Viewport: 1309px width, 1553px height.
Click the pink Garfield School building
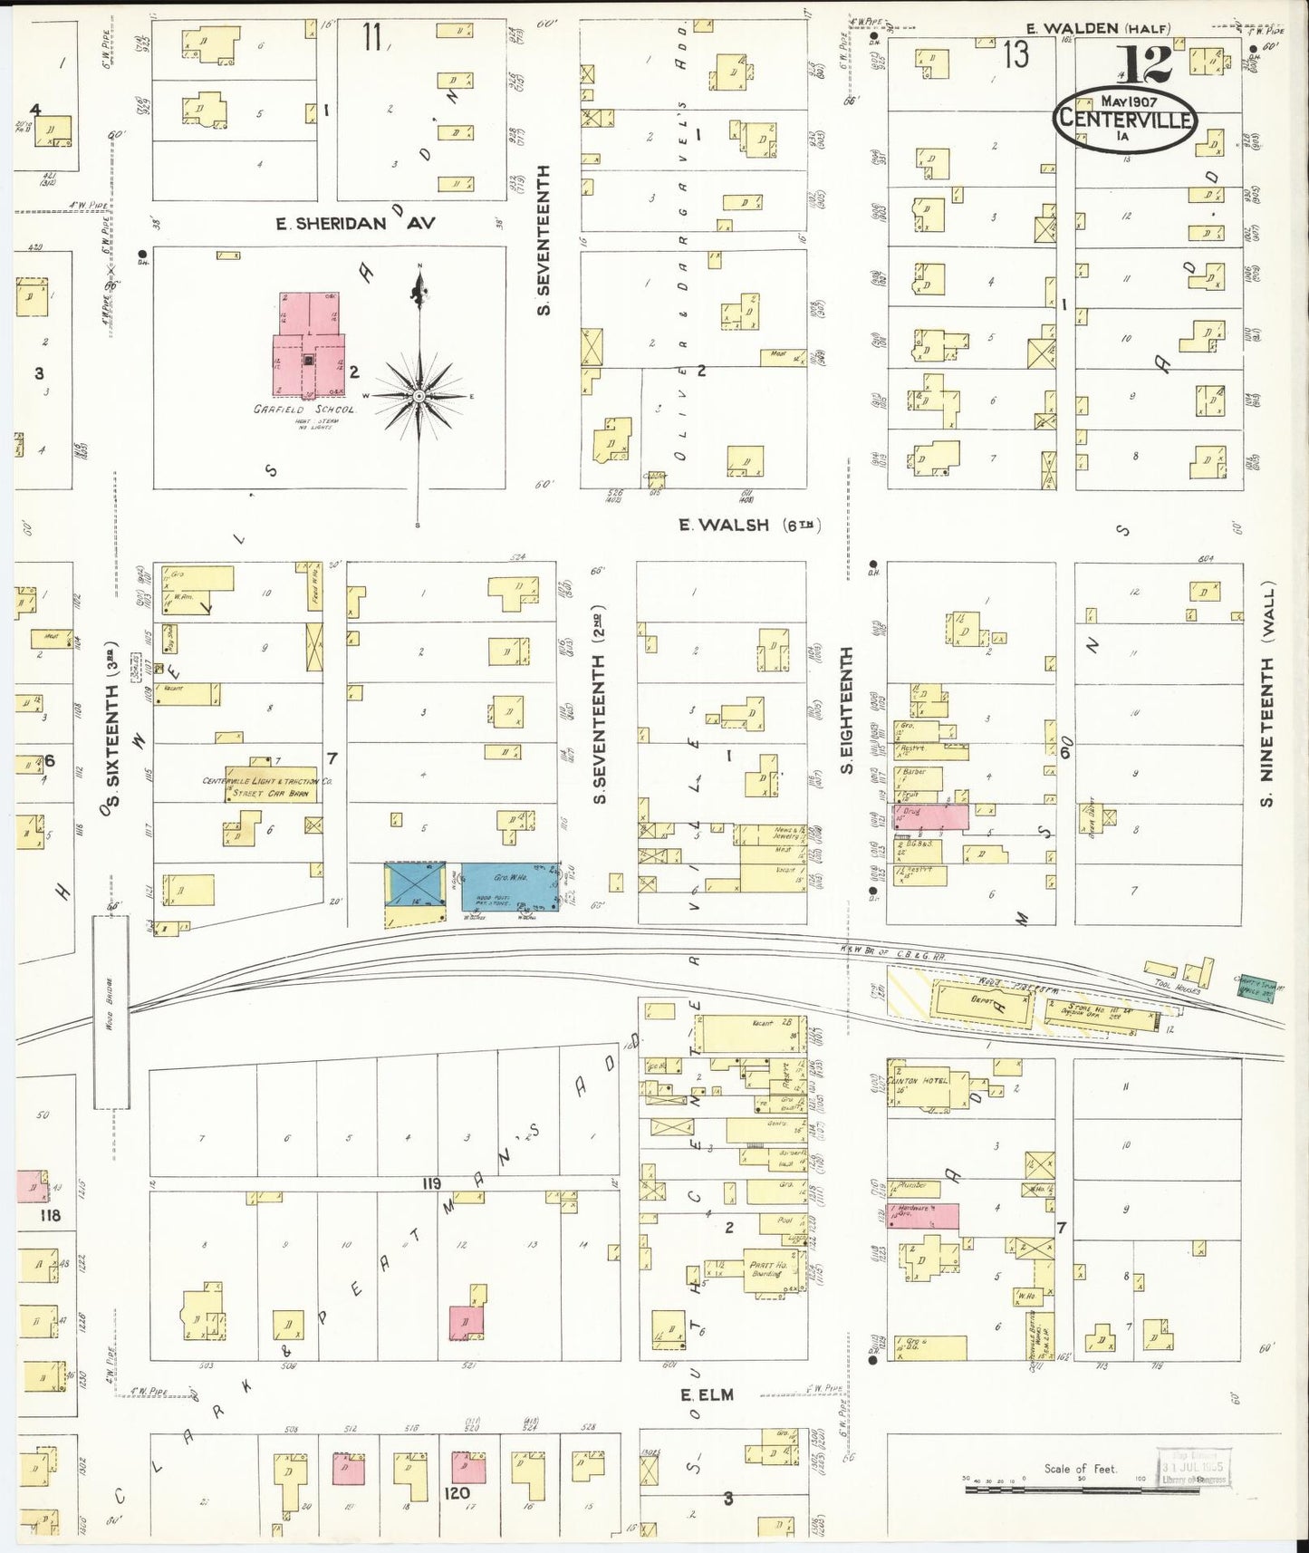[309, 349]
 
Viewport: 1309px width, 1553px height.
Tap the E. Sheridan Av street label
[356, 223]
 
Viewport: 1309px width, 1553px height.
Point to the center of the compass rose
[419, 396]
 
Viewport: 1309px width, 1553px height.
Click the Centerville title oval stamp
[1123, 119]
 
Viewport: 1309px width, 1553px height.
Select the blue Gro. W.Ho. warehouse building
[508, 886]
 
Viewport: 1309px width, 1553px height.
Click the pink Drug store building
[930, 816]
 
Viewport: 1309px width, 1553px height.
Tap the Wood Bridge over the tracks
[111, 1011]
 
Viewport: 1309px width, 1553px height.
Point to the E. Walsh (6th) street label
[750, 525]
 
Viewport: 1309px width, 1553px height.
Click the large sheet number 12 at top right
[1143, 63]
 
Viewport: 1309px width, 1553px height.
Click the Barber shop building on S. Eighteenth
[920, 777]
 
